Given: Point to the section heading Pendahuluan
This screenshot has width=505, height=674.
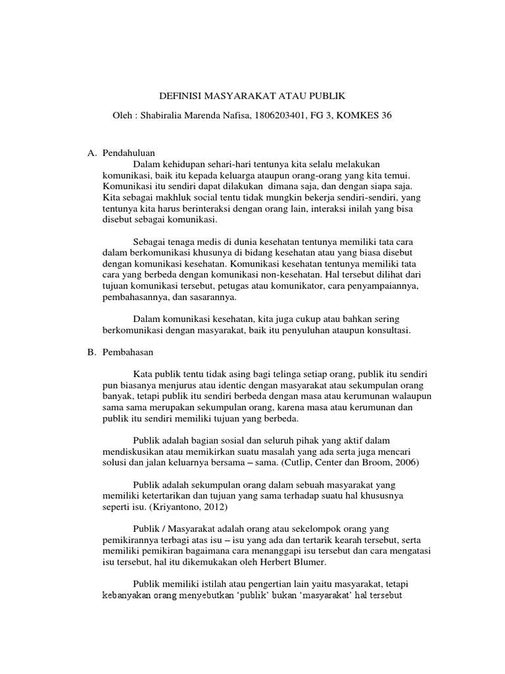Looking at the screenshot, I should click(x=129, y=153).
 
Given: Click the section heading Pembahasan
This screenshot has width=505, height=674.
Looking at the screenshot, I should click(x=128, y=352).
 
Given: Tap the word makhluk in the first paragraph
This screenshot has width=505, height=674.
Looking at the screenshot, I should click(x=171, y=196).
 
